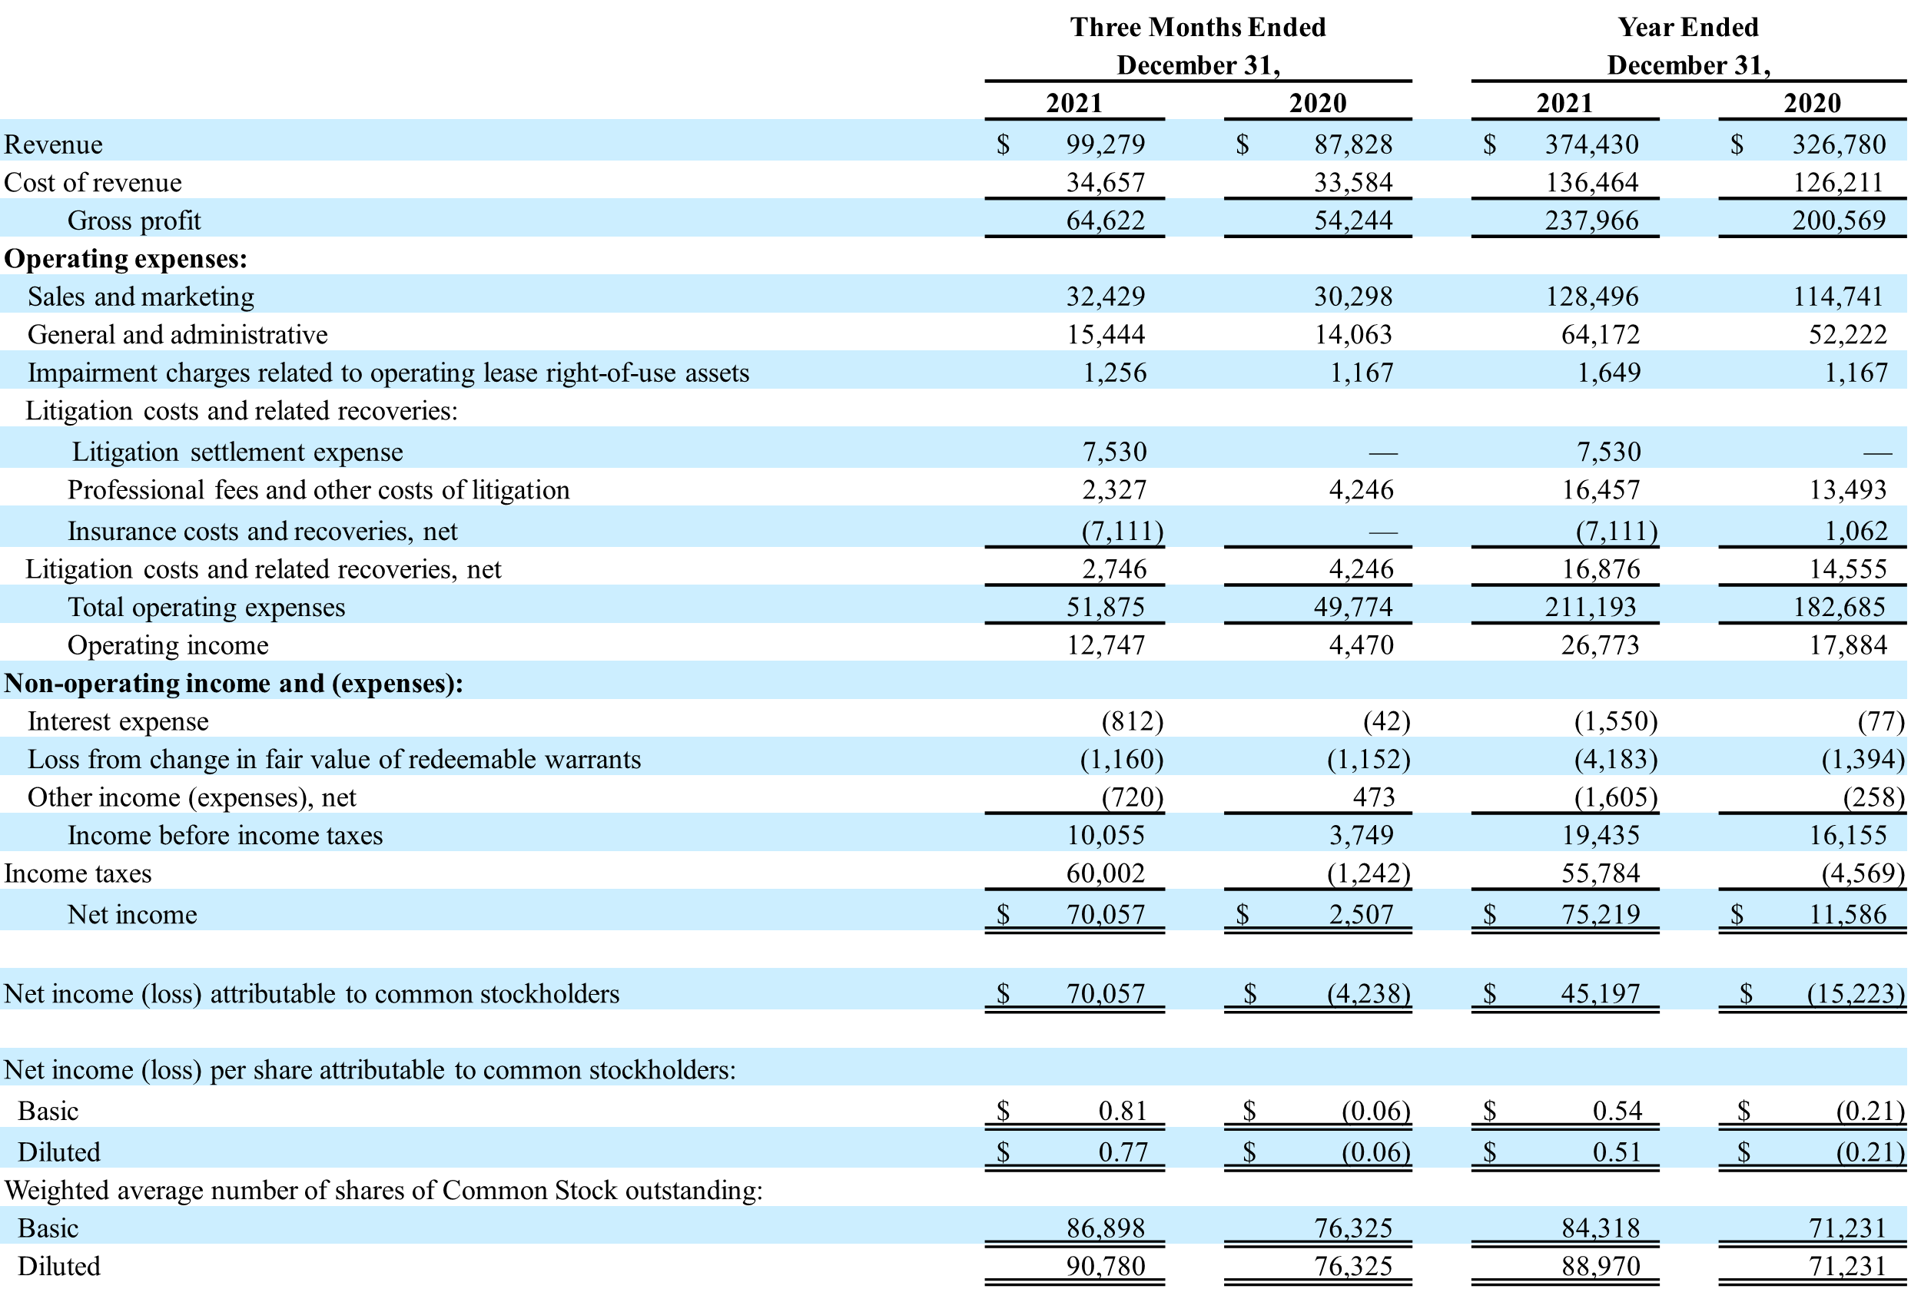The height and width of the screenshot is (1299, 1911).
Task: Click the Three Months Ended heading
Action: coord(1197,27)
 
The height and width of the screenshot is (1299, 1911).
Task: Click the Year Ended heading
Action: coord(1687,27)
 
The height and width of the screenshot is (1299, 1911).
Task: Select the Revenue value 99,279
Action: coord(1105,144)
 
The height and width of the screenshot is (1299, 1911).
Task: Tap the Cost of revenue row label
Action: coord(93,183)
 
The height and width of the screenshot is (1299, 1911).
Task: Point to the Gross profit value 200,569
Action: coord(1839,220)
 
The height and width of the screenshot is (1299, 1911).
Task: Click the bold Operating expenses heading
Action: coord(126,259)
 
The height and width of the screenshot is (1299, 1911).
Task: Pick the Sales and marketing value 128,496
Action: coord(1592,297)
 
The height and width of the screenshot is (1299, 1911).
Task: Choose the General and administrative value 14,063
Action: coord(1352,335)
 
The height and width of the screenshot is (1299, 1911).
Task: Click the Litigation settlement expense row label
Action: coord(237,452)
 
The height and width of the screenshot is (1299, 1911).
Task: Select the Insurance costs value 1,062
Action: coord(1856,531)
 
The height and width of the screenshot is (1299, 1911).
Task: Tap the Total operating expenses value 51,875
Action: coord(1105,608)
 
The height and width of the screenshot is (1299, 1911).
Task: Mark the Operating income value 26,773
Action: coord(1600,645)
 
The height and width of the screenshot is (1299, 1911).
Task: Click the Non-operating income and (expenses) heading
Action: coord(234,683)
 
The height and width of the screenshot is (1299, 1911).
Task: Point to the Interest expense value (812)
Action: coord(1133,722)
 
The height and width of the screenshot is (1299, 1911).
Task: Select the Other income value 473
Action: coord(1373,797)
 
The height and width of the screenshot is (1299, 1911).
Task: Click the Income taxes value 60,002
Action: coord(1105,873)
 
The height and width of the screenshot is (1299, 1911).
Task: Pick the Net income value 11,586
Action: coord(1847,914)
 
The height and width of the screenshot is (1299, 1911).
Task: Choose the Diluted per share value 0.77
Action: coord(1123,1152)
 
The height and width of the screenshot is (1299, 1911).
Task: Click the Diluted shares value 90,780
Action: coord(1105,1266)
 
